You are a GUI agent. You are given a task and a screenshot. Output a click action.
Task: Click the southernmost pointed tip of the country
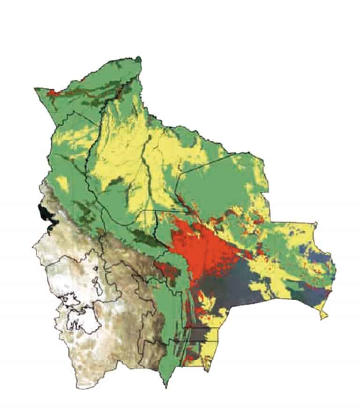click(165, 387)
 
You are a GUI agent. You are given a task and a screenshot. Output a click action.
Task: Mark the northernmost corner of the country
click(139, 58)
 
